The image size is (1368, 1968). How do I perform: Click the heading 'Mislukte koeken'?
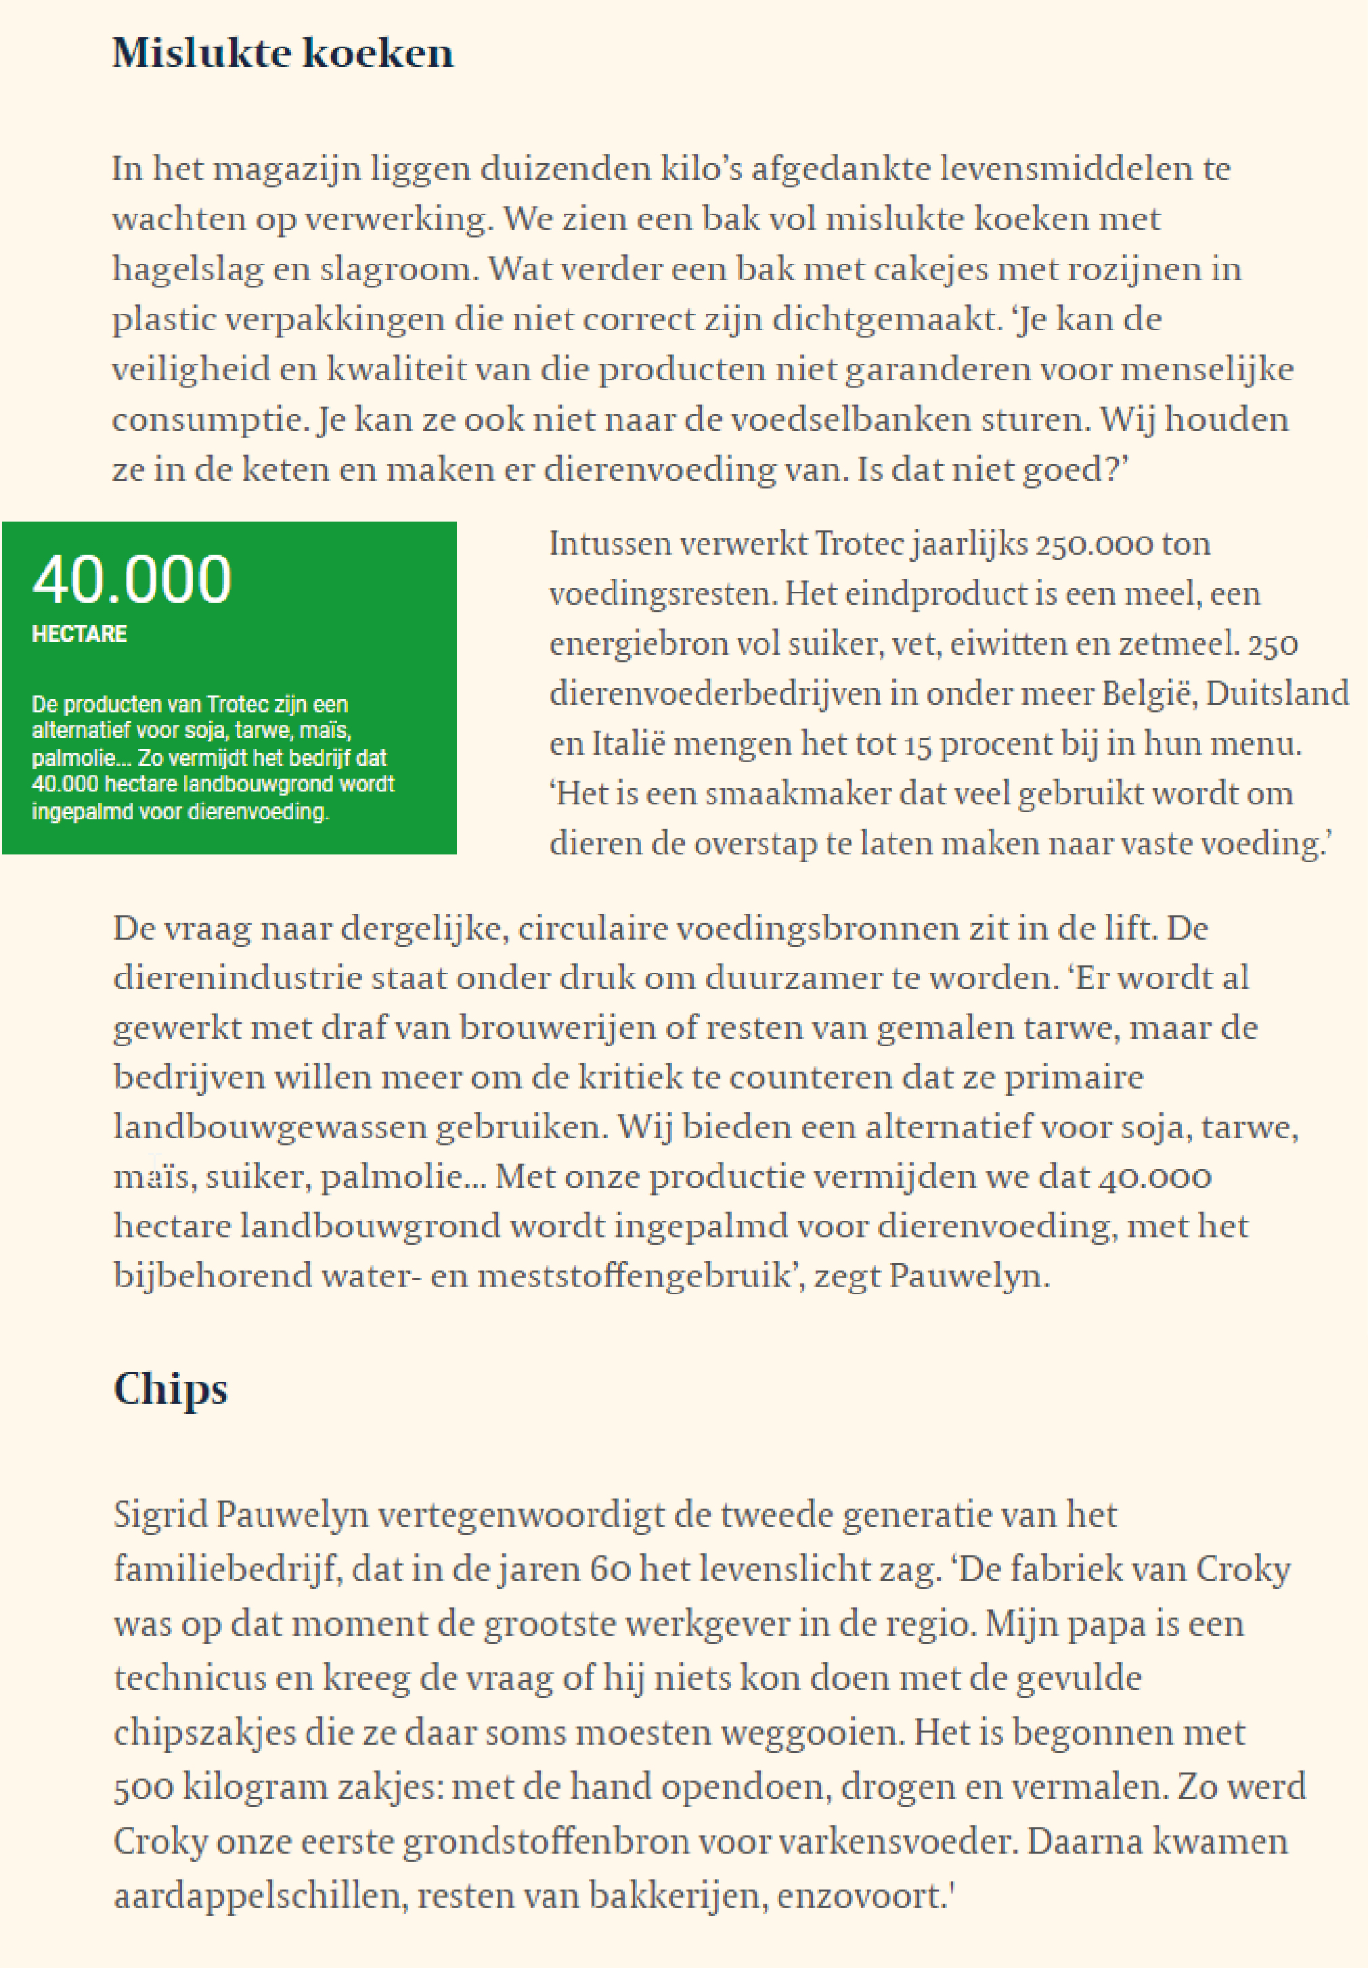[283, 53]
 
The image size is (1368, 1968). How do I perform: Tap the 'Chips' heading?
[171, 1390]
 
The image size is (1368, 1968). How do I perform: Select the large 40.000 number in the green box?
[132, 580]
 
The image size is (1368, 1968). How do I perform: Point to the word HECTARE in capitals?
[79, 634]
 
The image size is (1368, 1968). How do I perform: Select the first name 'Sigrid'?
[160, 1515]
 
